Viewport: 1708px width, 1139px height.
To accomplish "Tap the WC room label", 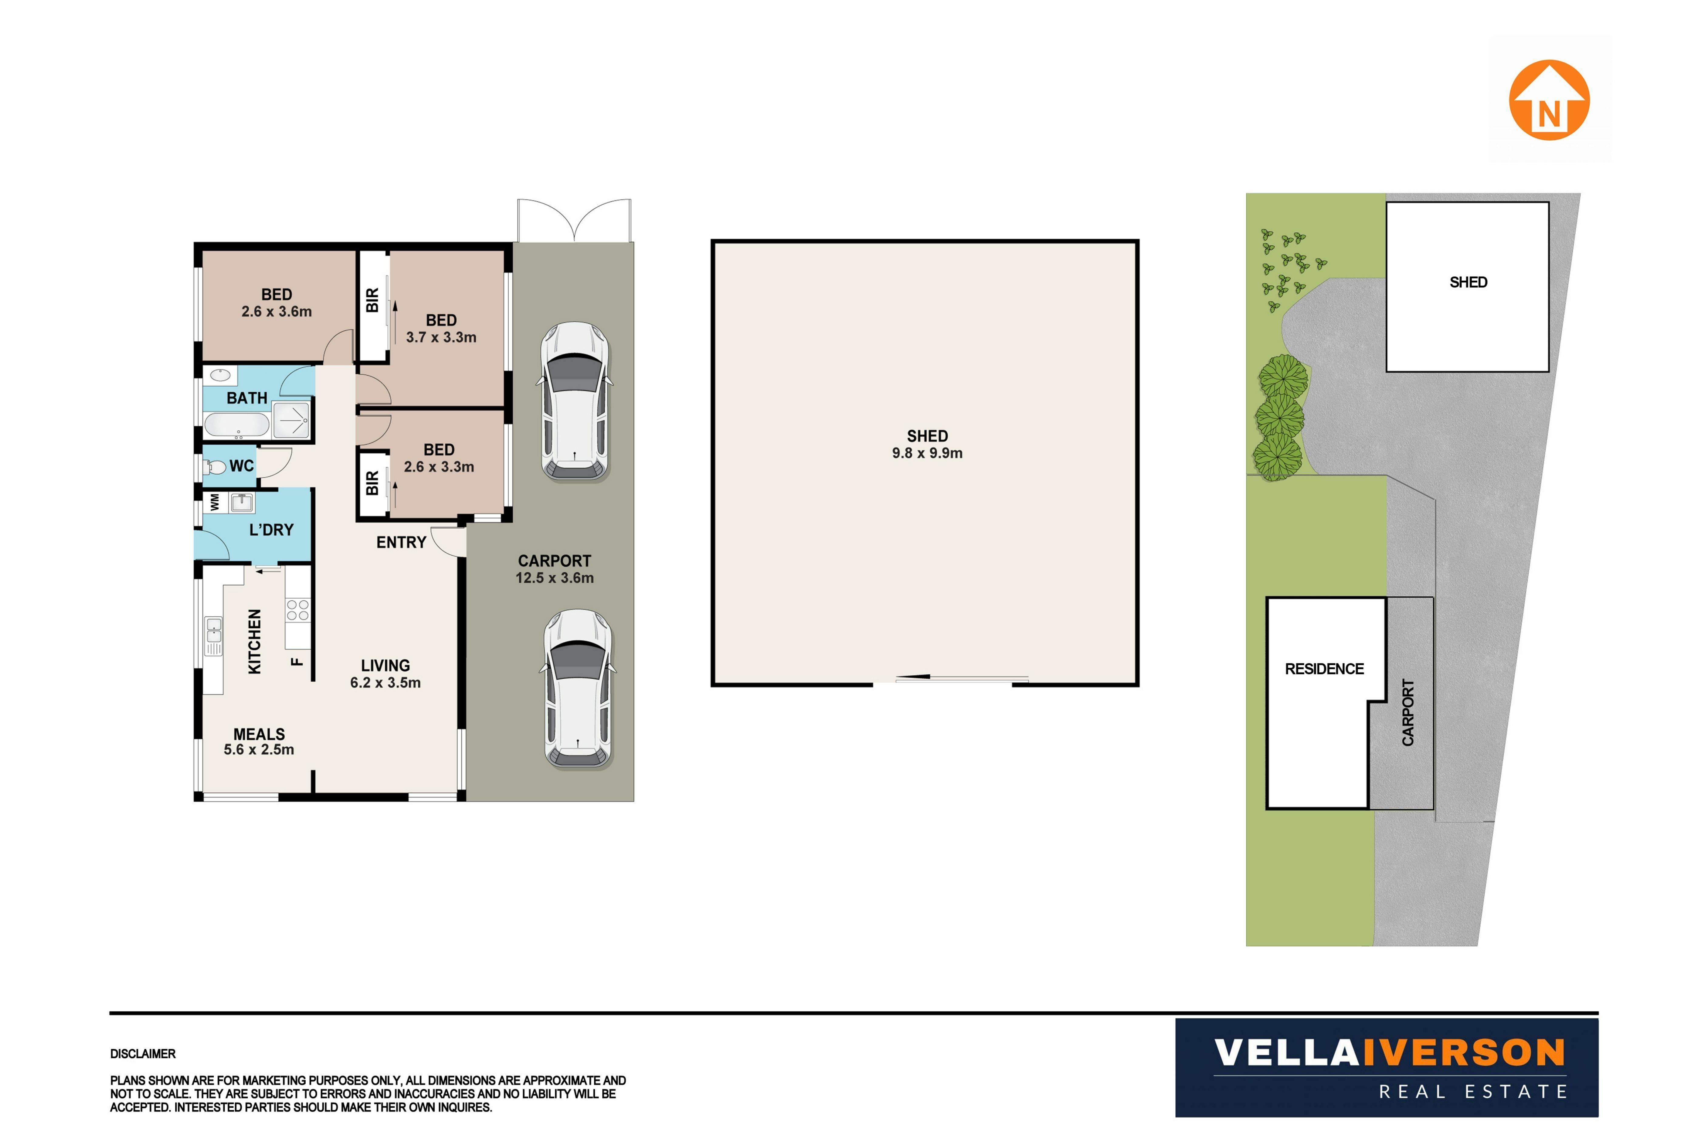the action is point(242,465).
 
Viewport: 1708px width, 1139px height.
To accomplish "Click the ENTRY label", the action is point(401,543).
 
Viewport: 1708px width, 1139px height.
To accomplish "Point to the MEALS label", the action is point(259,735).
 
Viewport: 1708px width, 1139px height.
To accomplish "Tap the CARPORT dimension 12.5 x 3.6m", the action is point(555,578).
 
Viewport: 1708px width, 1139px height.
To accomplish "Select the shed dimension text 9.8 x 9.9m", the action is point(927,453).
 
